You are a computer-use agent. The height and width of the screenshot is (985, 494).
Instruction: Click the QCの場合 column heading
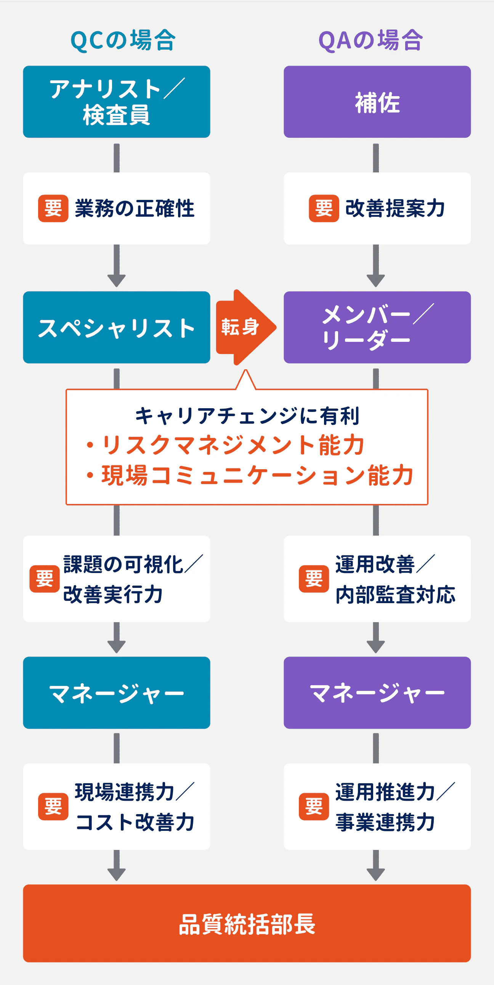[x=123, y=40]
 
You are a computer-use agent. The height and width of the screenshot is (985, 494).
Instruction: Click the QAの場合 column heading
[x=370, y=40]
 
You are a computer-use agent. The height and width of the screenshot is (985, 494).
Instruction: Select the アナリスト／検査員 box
[x=117, y=102]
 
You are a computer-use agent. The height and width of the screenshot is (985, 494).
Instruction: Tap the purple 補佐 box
[x=377, y=102]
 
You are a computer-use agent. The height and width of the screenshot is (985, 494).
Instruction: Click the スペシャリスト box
[x=117, y=328]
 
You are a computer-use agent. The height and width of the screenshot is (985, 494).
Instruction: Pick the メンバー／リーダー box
[x=377, y=328]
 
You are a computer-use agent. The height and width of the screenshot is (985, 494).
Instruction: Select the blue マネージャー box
[x=117, y=693]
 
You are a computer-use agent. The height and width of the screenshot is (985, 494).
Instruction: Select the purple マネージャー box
[x=377, y=693]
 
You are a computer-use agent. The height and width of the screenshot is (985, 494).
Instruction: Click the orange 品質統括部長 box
[x=247, y=924]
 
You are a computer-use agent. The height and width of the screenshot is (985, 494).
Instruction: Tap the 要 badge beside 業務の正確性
[x=53, y=208]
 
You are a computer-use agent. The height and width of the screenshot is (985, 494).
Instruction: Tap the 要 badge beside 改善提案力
[x=324, y=208]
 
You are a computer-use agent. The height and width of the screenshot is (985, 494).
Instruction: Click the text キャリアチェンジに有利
[x=247, y=416]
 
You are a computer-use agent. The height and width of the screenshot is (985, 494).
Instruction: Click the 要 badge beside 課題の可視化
[x=45, y=579]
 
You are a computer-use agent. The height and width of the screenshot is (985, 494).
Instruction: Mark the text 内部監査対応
[x=395, y=595]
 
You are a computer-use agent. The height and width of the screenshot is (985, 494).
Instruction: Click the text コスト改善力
[x=135, y=822]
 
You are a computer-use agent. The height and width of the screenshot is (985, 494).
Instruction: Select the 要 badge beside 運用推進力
[x=314, y=806]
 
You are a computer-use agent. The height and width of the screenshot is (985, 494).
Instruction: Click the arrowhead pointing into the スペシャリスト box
[x=117, y=281]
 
